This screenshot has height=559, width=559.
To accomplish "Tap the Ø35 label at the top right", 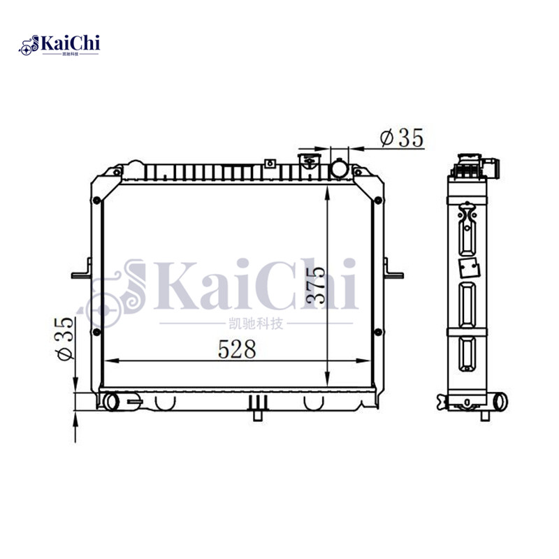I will coord(402,138).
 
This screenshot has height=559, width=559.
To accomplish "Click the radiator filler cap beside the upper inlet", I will coord(307,164).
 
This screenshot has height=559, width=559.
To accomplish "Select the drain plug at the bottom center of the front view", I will coord(259,409).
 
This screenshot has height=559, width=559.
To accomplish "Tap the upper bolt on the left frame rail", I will coord(96,201).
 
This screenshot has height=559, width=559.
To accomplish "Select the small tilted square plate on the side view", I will coord(466,267).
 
